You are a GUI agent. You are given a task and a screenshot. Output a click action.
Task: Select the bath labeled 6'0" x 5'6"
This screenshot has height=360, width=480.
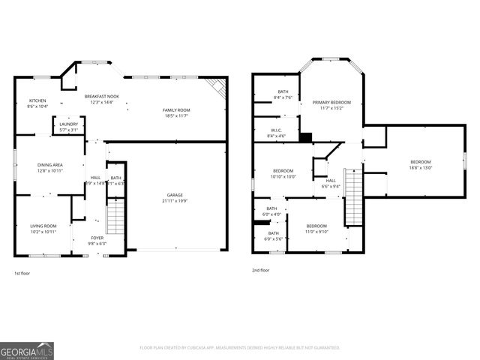click(273, 235)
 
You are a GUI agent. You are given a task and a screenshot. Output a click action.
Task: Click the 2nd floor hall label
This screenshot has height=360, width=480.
click(331, 183)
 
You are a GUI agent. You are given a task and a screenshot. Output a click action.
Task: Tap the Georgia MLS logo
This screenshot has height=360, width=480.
click(27, 350)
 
